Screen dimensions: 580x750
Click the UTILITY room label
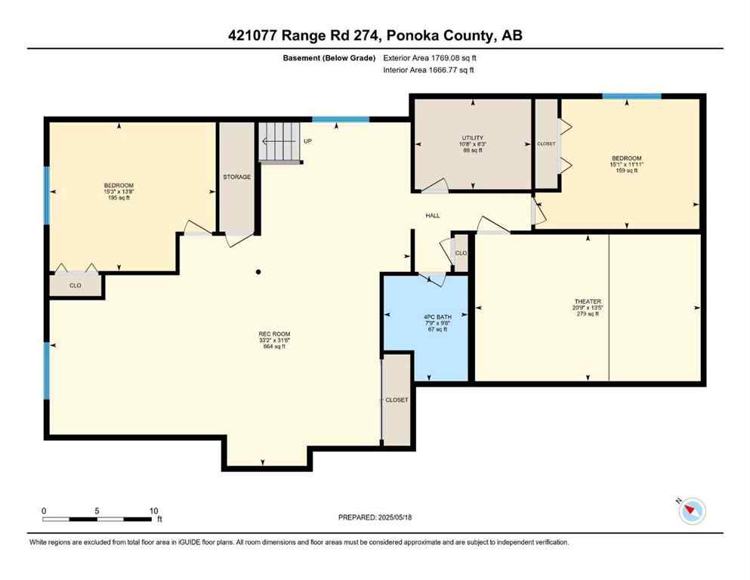472,138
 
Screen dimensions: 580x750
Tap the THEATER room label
587,301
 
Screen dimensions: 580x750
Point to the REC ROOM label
276,334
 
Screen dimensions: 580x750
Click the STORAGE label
236,177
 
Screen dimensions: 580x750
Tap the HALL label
433,216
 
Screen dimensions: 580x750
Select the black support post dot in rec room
258,272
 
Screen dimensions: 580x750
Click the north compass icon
691,511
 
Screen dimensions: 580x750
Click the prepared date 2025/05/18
375,517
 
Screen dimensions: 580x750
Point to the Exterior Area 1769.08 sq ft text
431,58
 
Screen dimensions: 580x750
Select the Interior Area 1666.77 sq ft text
429,70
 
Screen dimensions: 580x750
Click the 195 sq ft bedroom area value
119,198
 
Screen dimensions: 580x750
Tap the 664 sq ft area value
276,346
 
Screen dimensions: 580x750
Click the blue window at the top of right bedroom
631,97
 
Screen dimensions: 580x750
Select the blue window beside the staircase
341,119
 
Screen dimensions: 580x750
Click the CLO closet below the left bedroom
76,285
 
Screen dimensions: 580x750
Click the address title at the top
375,35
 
